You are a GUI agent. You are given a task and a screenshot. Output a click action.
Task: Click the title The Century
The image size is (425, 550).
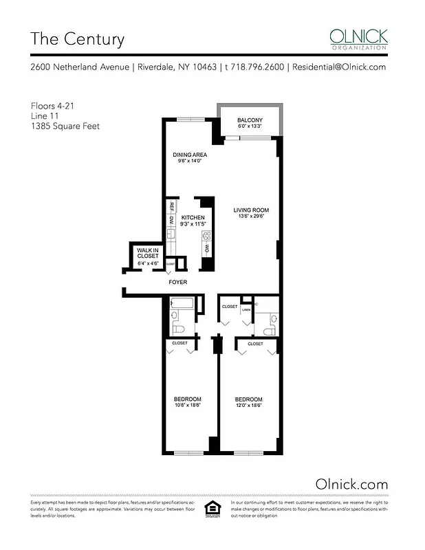pyautogui.click(x=77, y=39)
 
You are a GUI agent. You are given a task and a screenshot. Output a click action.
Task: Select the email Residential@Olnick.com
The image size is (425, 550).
pyautogui.click(x=338, y=67)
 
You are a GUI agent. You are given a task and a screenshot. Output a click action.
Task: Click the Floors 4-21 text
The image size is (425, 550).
pyautogui.click(x=51, y=106)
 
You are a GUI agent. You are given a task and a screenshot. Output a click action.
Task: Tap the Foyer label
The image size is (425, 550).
pyautogui.click(x=178, y=282)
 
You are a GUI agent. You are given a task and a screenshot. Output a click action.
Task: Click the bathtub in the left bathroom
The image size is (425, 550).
pyautogui.click(x=181, y=302)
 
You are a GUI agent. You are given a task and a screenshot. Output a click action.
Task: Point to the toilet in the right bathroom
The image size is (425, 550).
pyautogui.click(x=273, y=320)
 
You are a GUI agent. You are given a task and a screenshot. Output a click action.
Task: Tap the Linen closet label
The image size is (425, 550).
pyautogui.click(x=246, y=310)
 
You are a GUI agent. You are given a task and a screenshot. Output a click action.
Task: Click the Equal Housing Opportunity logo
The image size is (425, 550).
pyautogui.click(x=213, y=511)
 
